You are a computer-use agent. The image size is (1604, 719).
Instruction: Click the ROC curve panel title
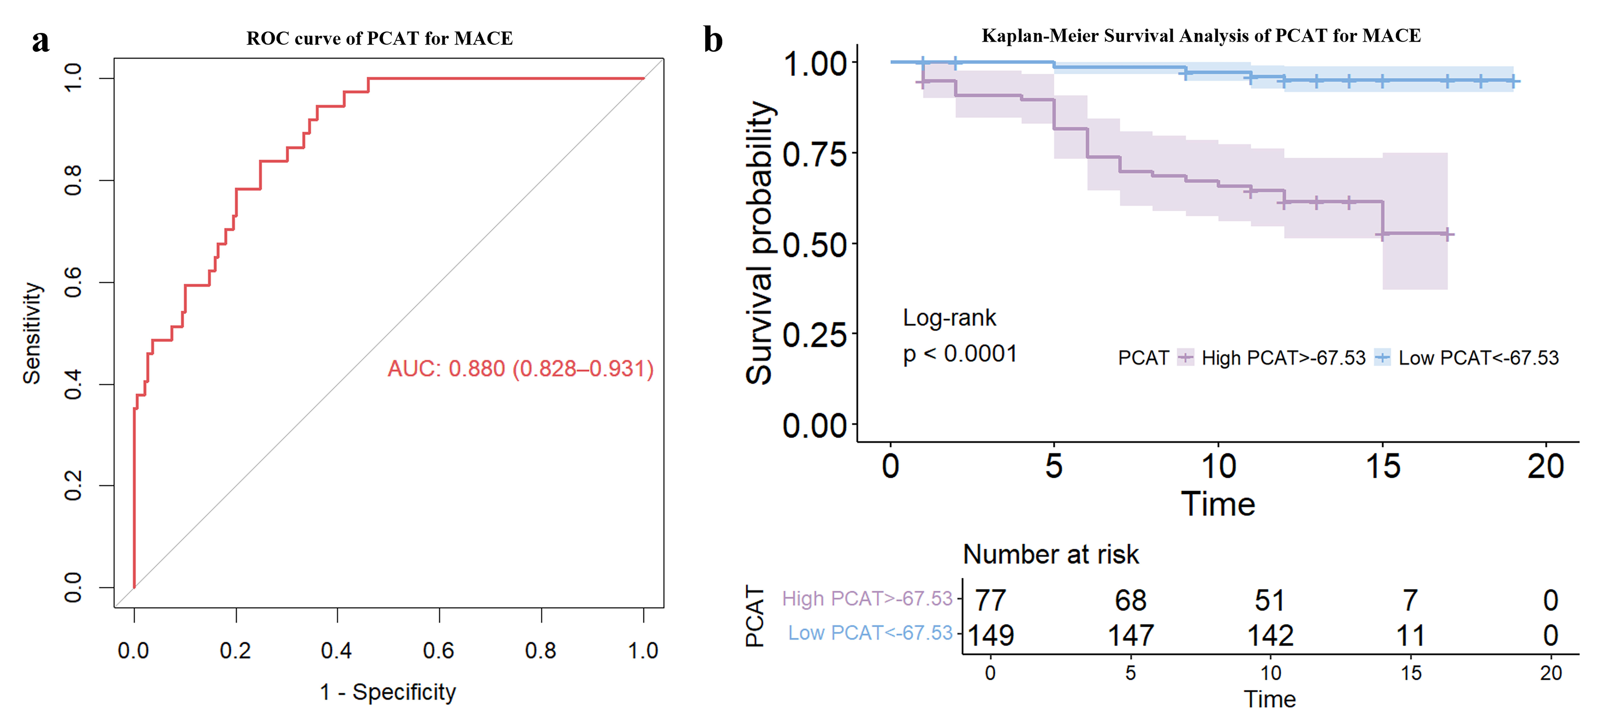[379, 39]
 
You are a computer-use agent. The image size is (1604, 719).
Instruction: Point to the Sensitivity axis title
[32, 333]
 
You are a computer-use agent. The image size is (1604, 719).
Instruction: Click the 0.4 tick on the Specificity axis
[337, 650]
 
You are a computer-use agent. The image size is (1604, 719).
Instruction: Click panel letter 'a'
[40, 41]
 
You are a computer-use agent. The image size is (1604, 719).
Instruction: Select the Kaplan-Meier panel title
[1201, 36]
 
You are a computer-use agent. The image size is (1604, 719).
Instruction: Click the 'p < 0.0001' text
[960, 354]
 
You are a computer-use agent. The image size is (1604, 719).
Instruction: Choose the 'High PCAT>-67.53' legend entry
[1283, 358]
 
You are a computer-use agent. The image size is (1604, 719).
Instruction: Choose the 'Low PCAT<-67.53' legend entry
[1478, 358]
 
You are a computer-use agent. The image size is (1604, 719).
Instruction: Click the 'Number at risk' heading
[1050, 554]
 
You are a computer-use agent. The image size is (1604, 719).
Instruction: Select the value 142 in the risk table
[1270, 635]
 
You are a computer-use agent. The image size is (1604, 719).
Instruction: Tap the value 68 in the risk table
[1130, 600]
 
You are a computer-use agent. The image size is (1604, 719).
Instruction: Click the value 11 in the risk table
[1410, 635]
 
